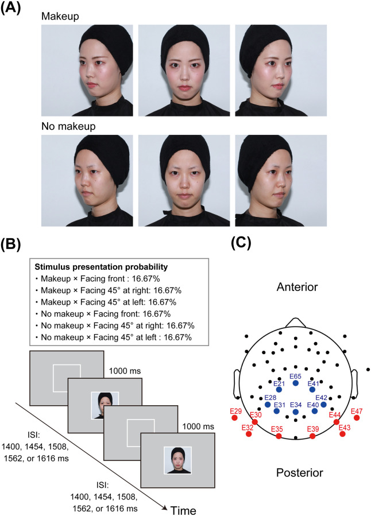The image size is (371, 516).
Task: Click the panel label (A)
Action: [x=11, y=8]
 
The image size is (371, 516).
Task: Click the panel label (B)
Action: [x=11, y=245]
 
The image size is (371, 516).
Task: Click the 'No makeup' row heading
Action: [x=68, y=126]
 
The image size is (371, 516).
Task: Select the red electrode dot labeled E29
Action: [x=234, y=418]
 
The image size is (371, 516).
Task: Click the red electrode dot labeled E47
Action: [x=357, y=418]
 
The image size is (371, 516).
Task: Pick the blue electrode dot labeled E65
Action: [x=296, y=383]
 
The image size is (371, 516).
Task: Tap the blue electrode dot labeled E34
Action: [x=296, y=412]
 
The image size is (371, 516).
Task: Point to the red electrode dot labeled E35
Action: [x=279, y=436]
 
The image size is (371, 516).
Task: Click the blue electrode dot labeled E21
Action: [x=279, y=390]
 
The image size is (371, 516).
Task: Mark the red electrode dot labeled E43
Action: [x=343, y=434]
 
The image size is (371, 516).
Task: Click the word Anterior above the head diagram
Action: [x=297, y=287]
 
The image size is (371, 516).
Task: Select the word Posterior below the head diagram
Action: [x=300, y=472]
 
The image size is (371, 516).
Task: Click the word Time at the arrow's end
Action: [x=183, y=510]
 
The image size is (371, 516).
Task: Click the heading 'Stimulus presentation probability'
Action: [x=102, y=266]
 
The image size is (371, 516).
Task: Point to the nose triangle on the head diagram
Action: [x=296, y=323]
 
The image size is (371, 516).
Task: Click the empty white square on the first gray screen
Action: [x=67, y=378]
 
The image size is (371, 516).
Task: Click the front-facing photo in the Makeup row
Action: [x=184, y=71]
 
